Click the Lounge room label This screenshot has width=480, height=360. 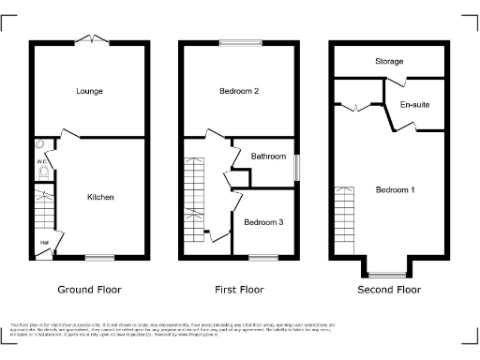pyautogui.click(x=90, y=91)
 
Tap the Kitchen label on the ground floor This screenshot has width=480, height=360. pyautogui.click(x=100, y=197)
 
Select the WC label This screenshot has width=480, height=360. pyautogui.click(x=41, y=162)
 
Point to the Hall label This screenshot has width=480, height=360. pyautogui.click(x=44, y=244)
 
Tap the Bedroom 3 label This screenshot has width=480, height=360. pyautogui.click(x=262, y=222)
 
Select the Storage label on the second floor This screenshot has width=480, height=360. pyautogui.click(x=390, y=62)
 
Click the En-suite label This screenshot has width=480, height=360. pyautogui.click(x=414, y=104)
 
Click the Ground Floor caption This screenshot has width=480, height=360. pyautogui.click(x=90, y=290)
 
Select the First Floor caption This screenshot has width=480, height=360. pyautogui.click(x=240, y=290)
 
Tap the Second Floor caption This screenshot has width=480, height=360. pyautogui.click(x=390, y=290)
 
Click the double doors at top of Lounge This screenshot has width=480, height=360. pyautogui.click(x=91, y=38)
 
